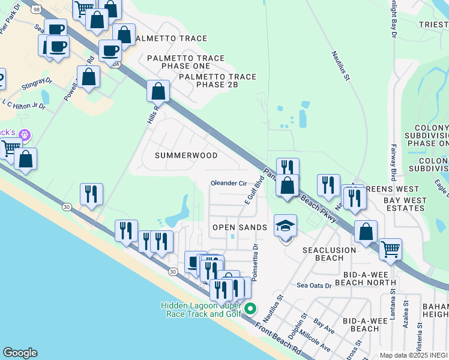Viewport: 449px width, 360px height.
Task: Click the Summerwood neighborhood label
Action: tap(186, 155)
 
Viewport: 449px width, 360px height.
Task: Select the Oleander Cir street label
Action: tap(229, 183)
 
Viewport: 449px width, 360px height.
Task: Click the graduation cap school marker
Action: tap(286, 226)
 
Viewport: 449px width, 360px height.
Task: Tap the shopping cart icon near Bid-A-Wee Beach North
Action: tap(390, 248)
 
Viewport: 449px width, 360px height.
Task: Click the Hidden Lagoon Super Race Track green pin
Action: tap(251, 310)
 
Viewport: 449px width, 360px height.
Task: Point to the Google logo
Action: tap(20, 353)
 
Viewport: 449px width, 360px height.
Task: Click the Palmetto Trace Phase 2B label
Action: tap(217, 81)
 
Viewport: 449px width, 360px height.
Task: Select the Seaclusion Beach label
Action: tap(323, 254)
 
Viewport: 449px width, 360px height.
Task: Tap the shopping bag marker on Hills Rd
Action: tap(158, 92)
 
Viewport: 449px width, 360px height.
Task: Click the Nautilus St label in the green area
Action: tap(343, 66)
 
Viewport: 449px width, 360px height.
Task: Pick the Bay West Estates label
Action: tap(405, 204)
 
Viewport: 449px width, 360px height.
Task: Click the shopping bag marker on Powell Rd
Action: tap(89, 78)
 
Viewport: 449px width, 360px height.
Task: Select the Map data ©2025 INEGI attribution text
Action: tap(414, 355)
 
